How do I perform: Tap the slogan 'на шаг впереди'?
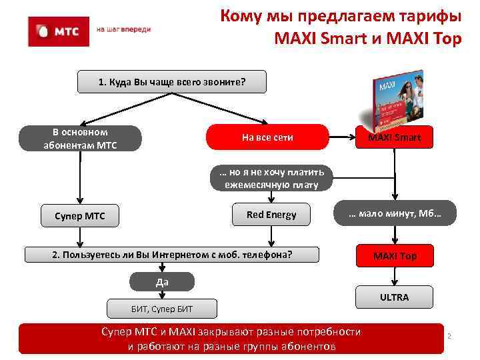pos(124,30)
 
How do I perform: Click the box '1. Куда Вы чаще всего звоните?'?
pos(172,82)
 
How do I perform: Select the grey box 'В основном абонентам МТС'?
pos(80,138)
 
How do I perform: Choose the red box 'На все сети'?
pos(267,137)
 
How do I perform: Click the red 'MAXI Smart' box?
pos(395,138)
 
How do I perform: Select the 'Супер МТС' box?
pos(80,215)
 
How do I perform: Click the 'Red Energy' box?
pos(271,215)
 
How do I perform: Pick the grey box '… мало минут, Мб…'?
pos(395,214)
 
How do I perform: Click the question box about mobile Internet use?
pos(172,255)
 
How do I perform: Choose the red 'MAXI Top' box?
pos(395,256)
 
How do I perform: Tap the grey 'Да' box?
pos(162,282)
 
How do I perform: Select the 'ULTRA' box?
pos(395,297)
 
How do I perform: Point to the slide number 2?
pos(449,336)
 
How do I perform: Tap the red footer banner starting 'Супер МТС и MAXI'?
pos(231,339)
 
